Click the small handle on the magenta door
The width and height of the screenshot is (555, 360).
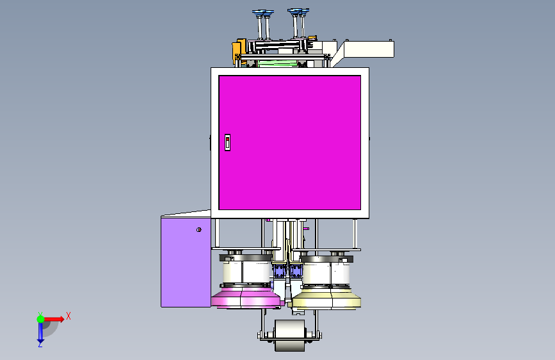228,142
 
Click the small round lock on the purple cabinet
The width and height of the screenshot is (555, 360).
199,229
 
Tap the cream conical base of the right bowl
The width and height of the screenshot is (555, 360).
326,299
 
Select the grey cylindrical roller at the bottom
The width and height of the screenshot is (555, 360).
289,336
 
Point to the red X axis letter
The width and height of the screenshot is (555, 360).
68,316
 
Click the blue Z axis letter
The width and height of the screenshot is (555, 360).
40,344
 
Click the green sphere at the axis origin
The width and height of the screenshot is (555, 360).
41,319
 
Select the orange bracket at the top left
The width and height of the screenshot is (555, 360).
239,51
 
